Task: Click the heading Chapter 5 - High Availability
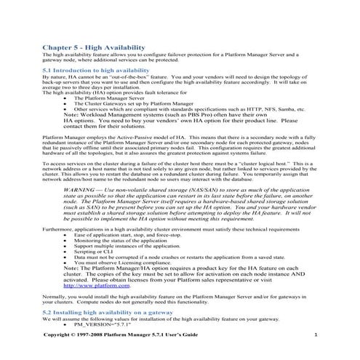[x=91, y=46]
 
